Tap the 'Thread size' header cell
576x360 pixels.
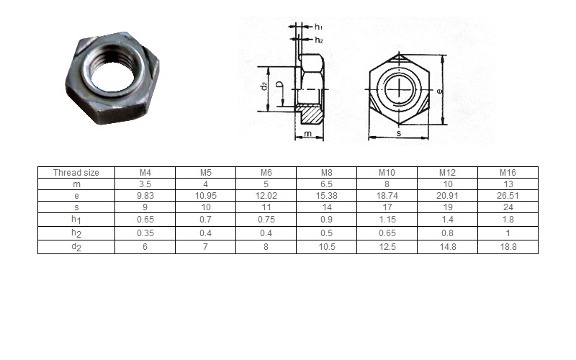(76, 172)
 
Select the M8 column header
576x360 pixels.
(327, 172)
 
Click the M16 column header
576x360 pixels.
(508, 172)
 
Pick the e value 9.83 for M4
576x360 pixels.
(145, 195)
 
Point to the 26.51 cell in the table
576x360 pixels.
(508, 195)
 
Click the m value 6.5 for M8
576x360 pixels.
(327, 184)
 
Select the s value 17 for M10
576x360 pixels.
(387, 207)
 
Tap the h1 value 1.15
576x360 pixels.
(387, 220)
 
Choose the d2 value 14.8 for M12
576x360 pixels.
(447, 247)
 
